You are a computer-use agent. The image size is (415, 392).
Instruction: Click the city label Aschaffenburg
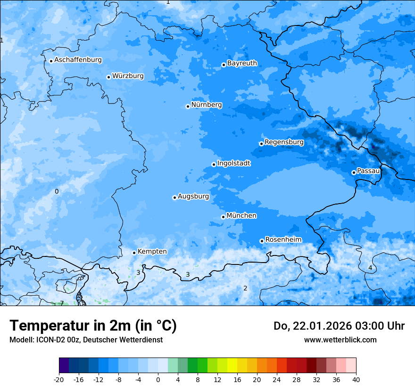(78, 60)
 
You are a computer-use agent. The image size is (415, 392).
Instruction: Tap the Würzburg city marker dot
(108, 77)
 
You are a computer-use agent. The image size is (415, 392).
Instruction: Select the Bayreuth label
(242, 63)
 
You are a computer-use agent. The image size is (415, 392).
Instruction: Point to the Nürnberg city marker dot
(188, 106)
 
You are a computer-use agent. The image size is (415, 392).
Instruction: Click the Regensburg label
(284, 142)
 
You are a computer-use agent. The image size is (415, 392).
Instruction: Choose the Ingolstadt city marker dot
(214, 164)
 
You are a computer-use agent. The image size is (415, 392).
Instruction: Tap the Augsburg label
(193, 196)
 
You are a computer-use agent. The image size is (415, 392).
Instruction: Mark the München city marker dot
(223, 217)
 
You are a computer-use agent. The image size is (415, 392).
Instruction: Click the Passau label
(368, 170)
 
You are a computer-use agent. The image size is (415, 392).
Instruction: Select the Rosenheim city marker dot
(262, 241)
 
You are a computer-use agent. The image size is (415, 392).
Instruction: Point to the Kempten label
(152, 251)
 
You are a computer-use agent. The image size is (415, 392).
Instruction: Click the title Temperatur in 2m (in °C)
(93, 325)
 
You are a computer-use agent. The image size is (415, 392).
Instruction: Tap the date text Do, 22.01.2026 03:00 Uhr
(339, 326)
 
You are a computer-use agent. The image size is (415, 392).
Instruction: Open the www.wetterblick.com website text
(340, 340)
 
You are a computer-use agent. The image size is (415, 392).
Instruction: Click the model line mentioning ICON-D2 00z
(86, 340)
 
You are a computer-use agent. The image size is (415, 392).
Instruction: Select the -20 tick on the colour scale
(59, 379)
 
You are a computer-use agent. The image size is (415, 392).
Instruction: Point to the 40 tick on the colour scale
(356, 379)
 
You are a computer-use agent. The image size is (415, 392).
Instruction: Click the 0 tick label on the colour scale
(158, 379)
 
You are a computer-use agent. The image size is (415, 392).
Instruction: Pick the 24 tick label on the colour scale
(277, 379)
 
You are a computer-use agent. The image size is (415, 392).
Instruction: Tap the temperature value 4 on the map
(370, 268)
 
